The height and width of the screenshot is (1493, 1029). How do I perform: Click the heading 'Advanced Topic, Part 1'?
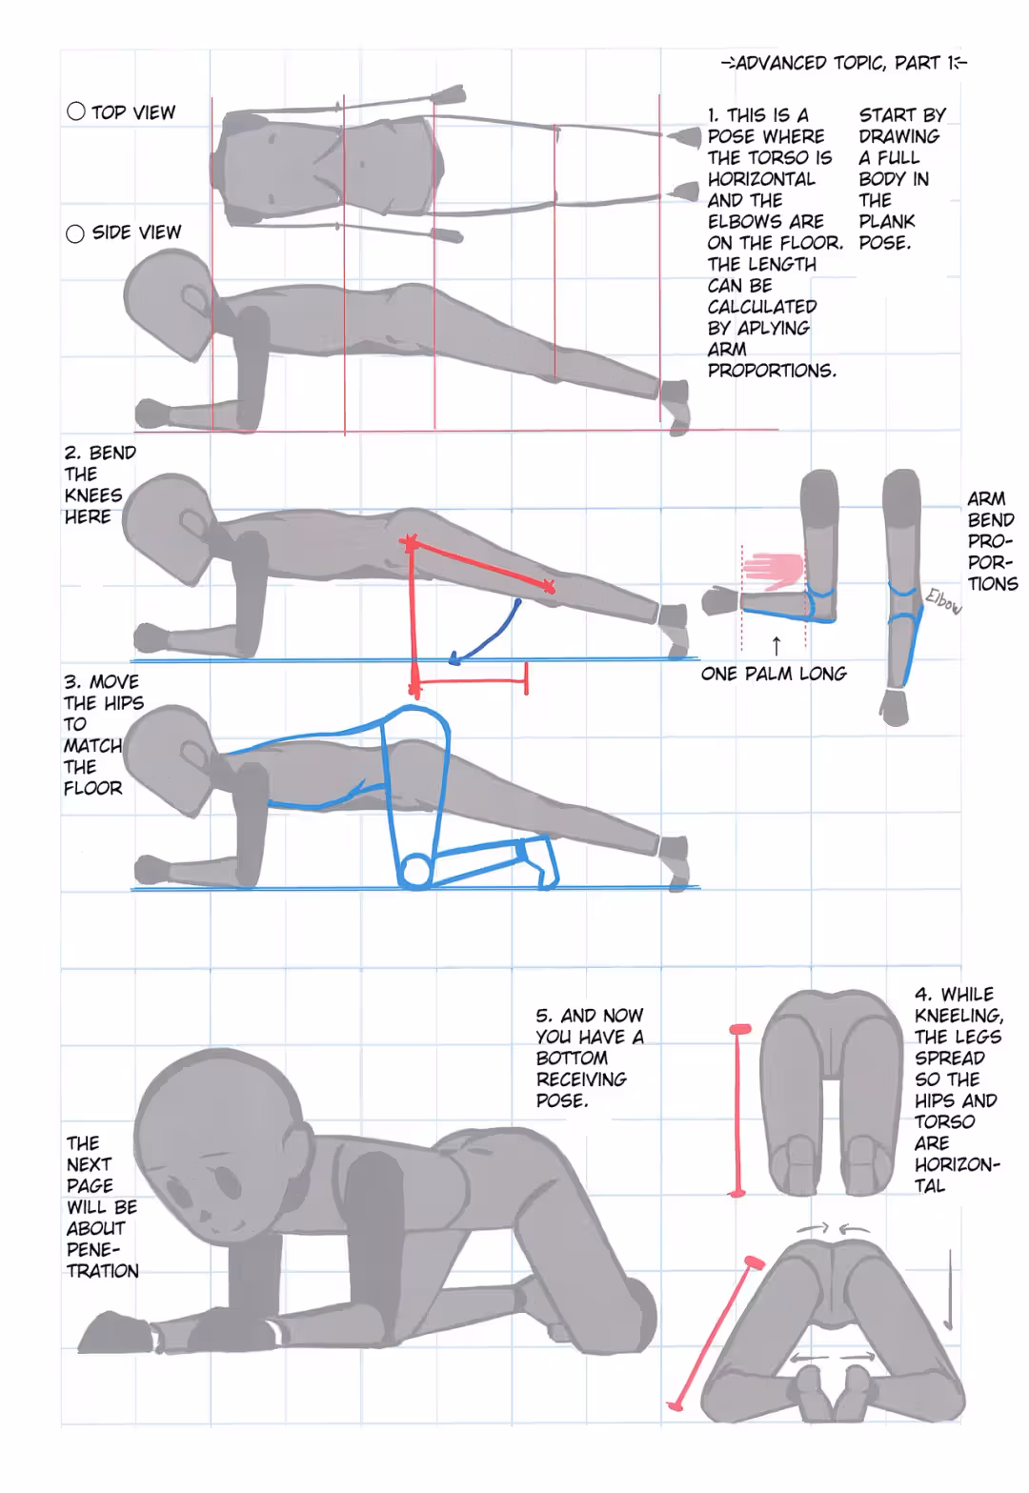point(844,63)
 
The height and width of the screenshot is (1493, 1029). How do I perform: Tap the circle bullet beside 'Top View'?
point(76,111)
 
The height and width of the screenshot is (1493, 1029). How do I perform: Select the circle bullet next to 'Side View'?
point(75,233)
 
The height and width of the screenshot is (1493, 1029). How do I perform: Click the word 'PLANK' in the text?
point(886,221)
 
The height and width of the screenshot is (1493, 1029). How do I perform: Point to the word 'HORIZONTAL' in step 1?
point(761,178)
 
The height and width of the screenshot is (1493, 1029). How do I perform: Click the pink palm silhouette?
point(775,572)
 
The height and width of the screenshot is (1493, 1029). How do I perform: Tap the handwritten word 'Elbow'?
point(943,601)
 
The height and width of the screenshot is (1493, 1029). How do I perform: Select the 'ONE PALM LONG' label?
point(774,674)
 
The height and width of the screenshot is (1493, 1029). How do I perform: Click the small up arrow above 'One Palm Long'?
point(777,646)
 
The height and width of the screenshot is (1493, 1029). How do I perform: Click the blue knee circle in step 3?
point(415,872)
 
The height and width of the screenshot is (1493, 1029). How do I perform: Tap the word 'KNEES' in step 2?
point(93,495)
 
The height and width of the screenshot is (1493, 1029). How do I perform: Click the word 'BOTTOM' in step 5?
point(572,1058)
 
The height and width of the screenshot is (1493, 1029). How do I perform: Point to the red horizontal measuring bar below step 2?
point(471,680)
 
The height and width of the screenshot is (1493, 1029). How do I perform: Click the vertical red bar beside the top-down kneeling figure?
point(737,1111)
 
